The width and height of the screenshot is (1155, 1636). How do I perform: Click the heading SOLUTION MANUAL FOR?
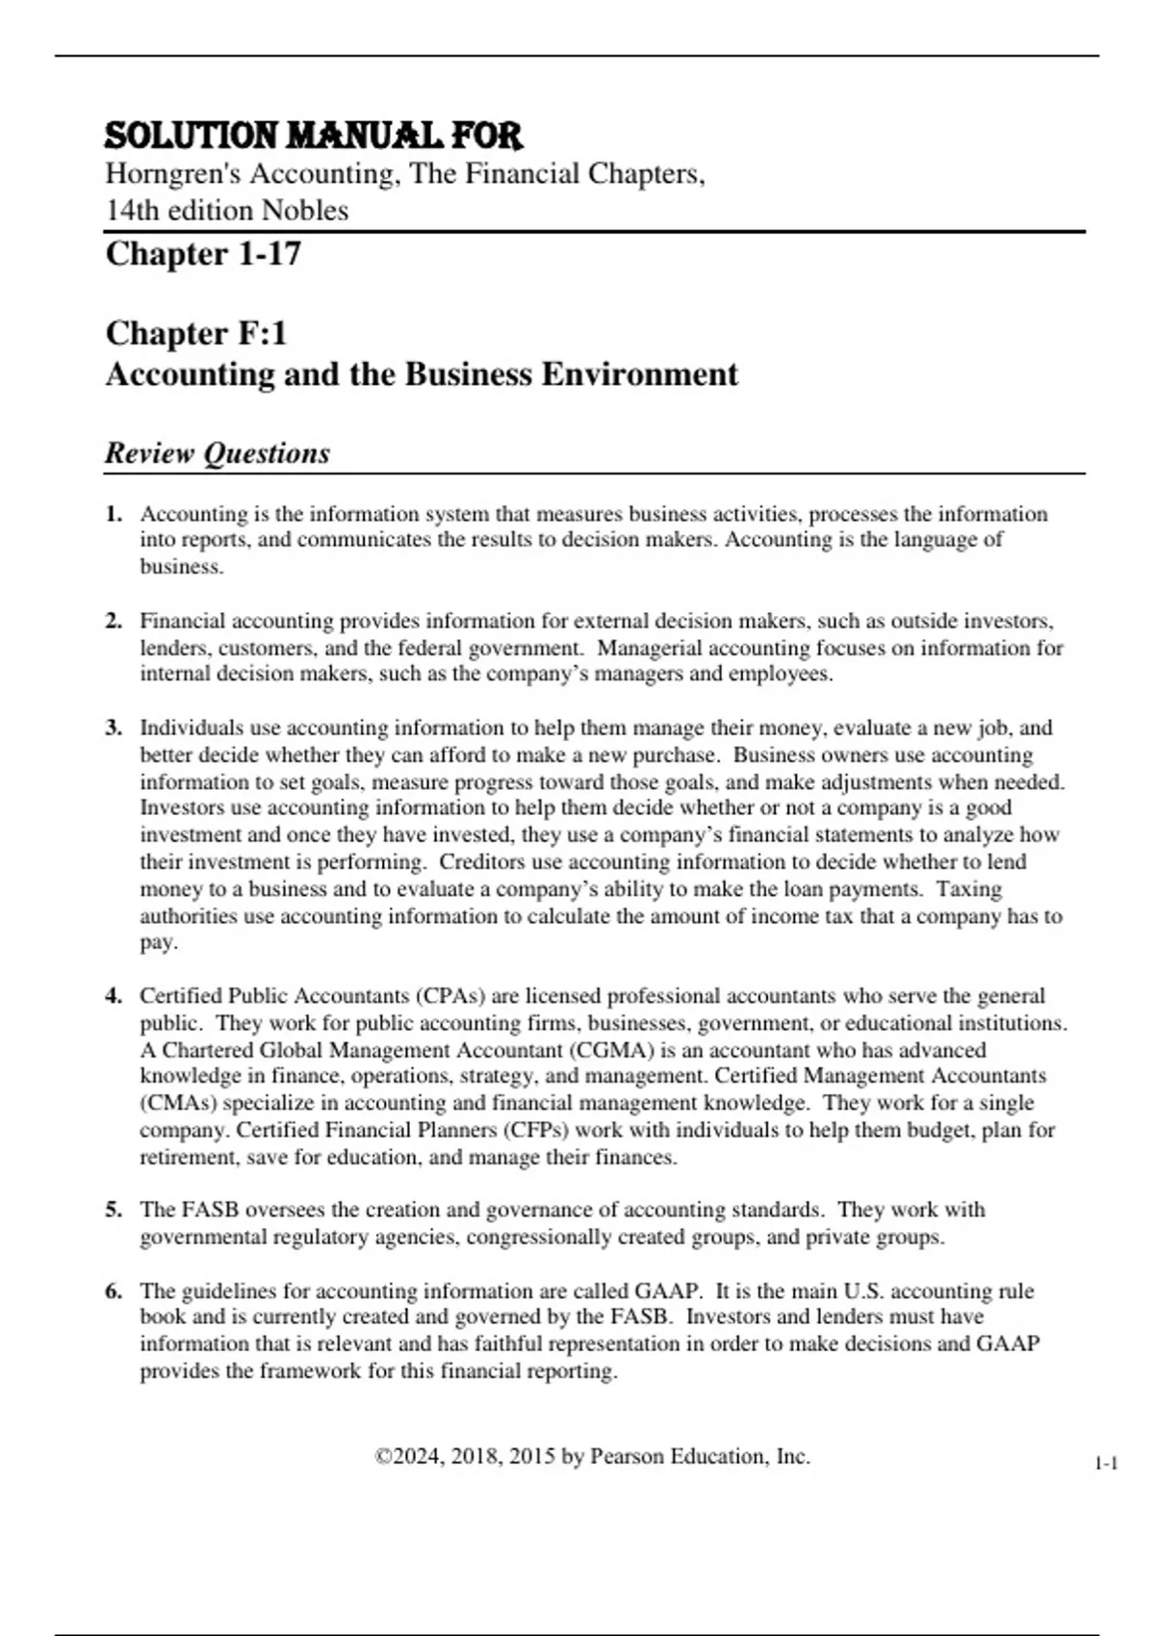[313, 136]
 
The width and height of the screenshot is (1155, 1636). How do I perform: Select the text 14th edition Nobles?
[227, 210]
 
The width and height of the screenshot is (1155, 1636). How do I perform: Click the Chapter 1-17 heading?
[203, 254]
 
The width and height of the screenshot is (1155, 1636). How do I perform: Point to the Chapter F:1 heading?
[196, 333]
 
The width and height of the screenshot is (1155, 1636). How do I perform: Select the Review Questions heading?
[218, 452]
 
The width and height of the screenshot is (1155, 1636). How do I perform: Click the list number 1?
[114, 514]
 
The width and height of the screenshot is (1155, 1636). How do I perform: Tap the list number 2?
[114, 621]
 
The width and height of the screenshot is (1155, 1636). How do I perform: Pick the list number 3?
[114, 728]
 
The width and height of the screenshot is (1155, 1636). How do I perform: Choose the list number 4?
[114, 996]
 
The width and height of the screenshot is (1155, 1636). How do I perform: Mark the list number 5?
[114, 1210]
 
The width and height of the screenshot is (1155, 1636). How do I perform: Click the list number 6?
[114, 1291]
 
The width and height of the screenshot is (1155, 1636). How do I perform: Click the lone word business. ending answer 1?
[181, 567]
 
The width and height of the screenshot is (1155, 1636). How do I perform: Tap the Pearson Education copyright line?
[592, 1457]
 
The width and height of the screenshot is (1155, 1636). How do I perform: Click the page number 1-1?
[1106, 1464]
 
